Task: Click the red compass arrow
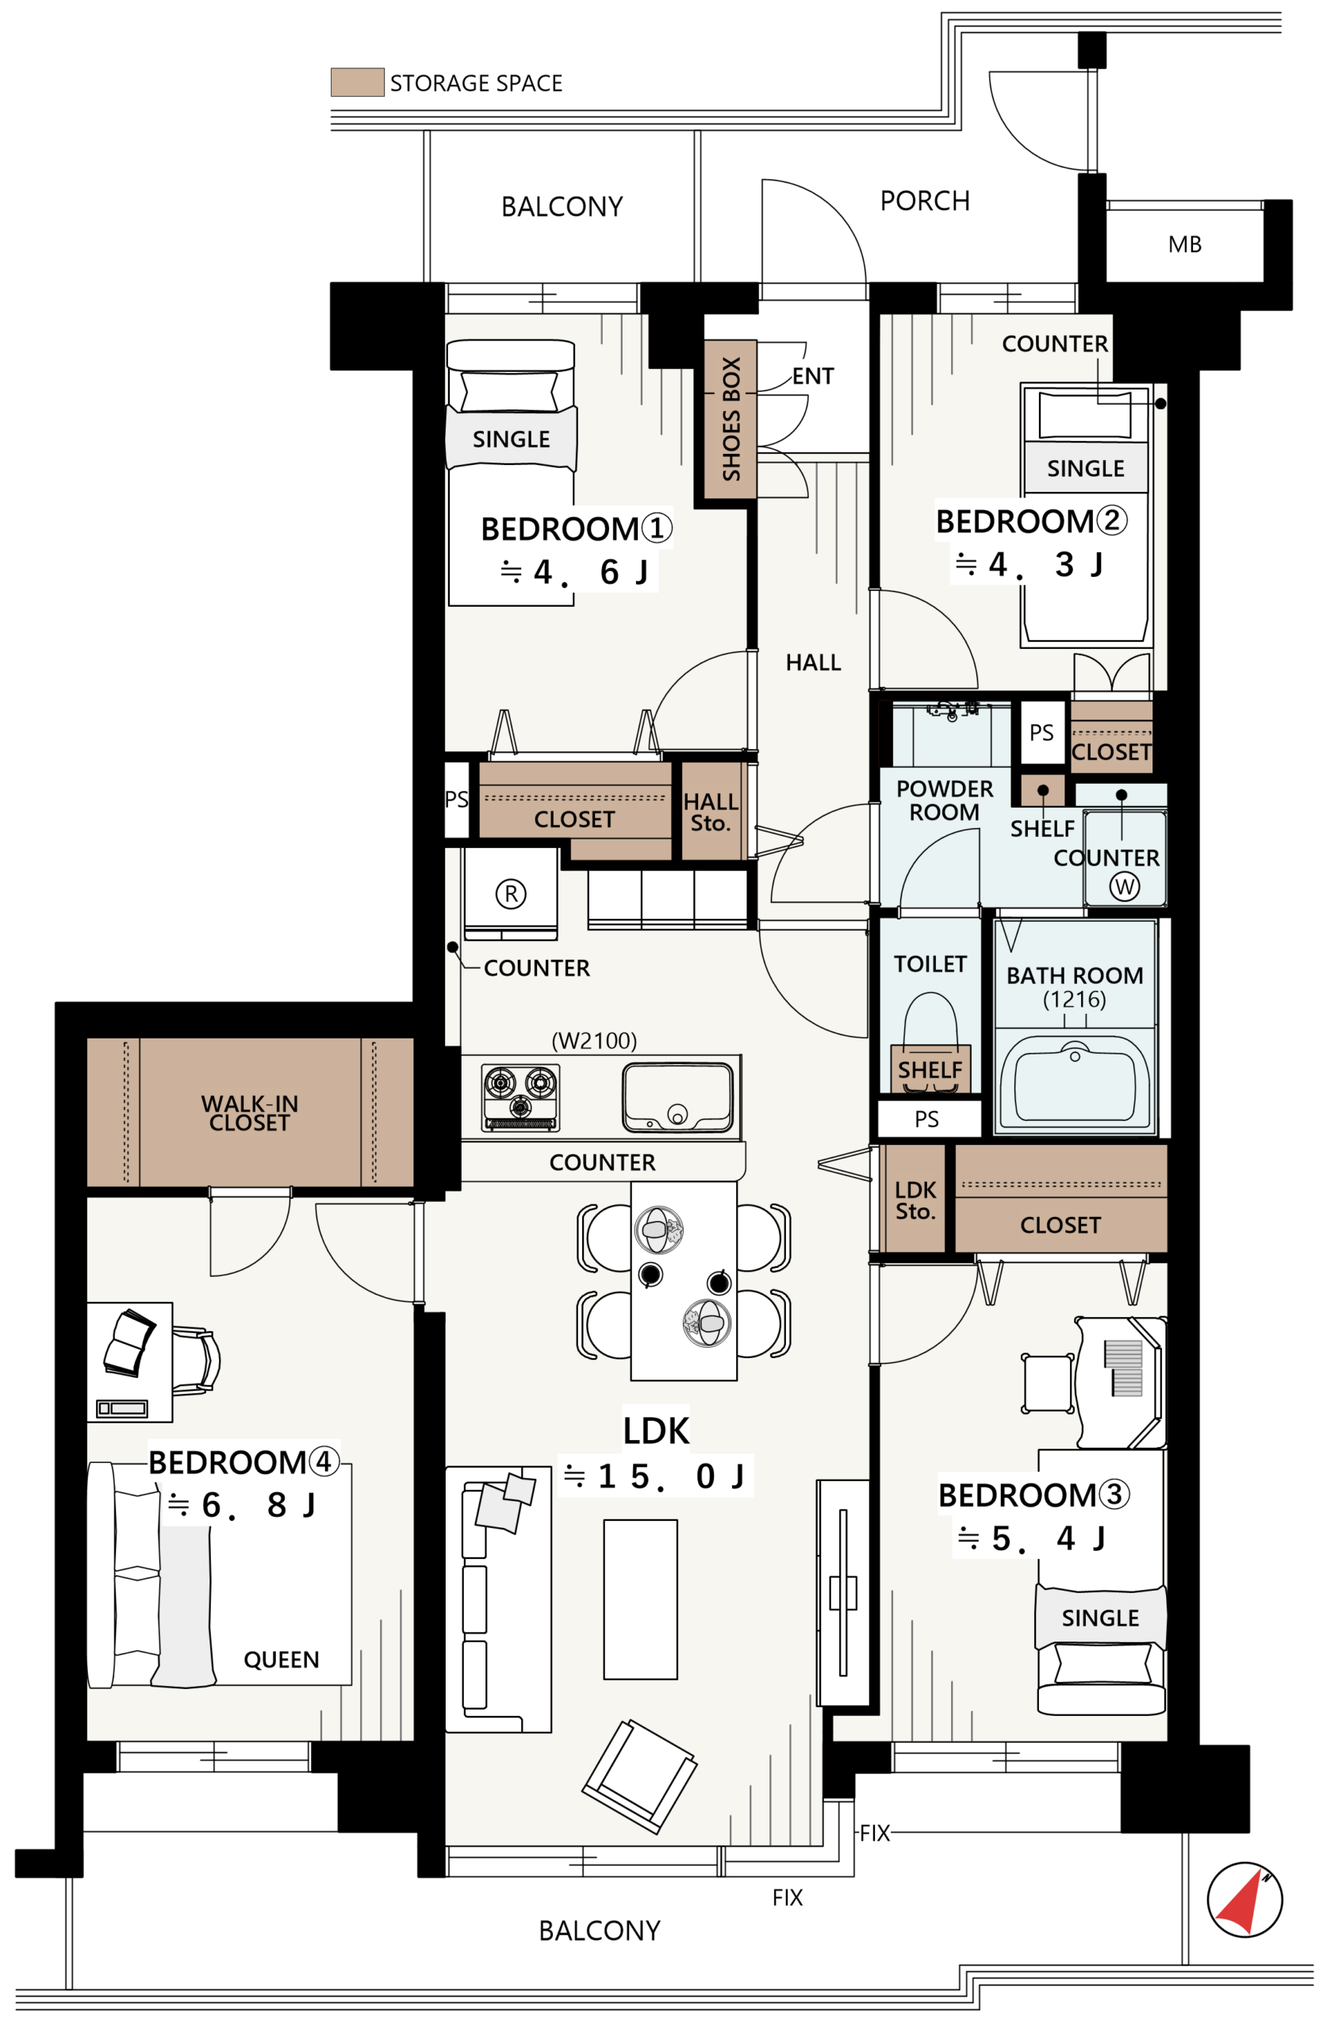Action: (1241, 1904)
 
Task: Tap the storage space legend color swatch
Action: (358, 82)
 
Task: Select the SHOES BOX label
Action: (731, 418)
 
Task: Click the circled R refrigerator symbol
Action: (510, 893)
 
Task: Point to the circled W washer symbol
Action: (1124, 886)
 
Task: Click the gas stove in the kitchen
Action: (520, 1096)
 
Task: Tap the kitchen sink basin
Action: (677, 1096)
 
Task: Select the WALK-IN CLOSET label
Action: (249, 1112)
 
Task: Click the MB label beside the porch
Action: (1185, 244)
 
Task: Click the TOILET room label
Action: (930, 963)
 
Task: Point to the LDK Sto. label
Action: (915, 1200)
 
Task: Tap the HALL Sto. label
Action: (711, 812)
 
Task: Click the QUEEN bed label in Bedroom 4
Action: (282, 1659)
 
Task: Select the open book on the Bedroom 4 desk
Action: (128, 1343)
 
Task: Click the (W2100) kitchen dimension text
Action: (594, 1040)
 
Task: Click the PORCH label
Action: (925, 201)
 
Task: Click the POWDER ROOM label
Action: (945, 800)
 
